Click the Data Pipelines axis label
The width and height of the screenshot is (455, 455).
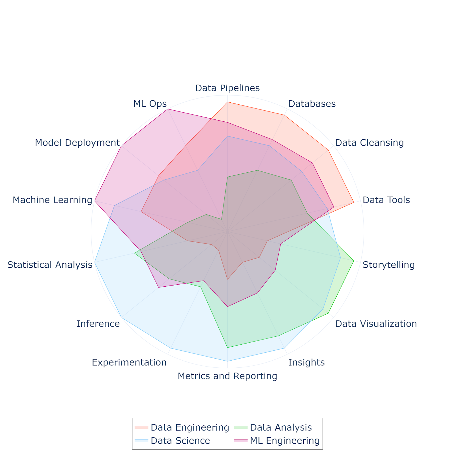pos(227,88)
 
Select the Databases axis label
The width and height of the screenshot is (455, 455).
pos(312,104)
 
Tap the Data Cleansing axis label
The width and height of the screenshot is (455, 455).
pos(369,143)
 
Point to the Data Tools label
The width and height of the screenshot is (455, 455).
pos(386,200)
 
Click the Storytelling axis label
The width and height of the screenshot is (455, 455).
pos(388,265)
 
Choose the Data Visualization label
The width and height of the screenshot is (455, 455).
pos(376,324)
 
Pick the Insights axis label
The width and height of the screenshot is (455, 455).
pos(306,363)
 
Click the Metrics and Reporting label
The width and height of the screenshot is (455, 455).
pos(227,376)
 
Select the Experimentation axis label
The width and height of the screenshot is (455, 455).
pos(129,363)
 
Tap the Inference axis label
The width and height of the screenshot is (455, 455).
pos(98,324)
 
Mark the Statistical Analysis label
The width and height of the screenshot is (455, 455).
pos(50,265)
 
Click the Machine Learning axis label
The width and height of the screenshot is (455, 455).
pos(53,200)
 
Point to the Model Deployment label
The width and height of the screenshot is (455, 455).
pos(77,143)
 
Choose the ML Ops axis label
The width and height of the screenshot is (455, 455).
pos(150,104)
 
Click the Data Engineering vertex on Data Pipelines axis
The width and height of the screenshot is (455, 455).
pos(227,102)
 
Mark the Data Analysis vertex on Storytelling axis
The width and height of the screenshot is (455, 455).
pos(354,260)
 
